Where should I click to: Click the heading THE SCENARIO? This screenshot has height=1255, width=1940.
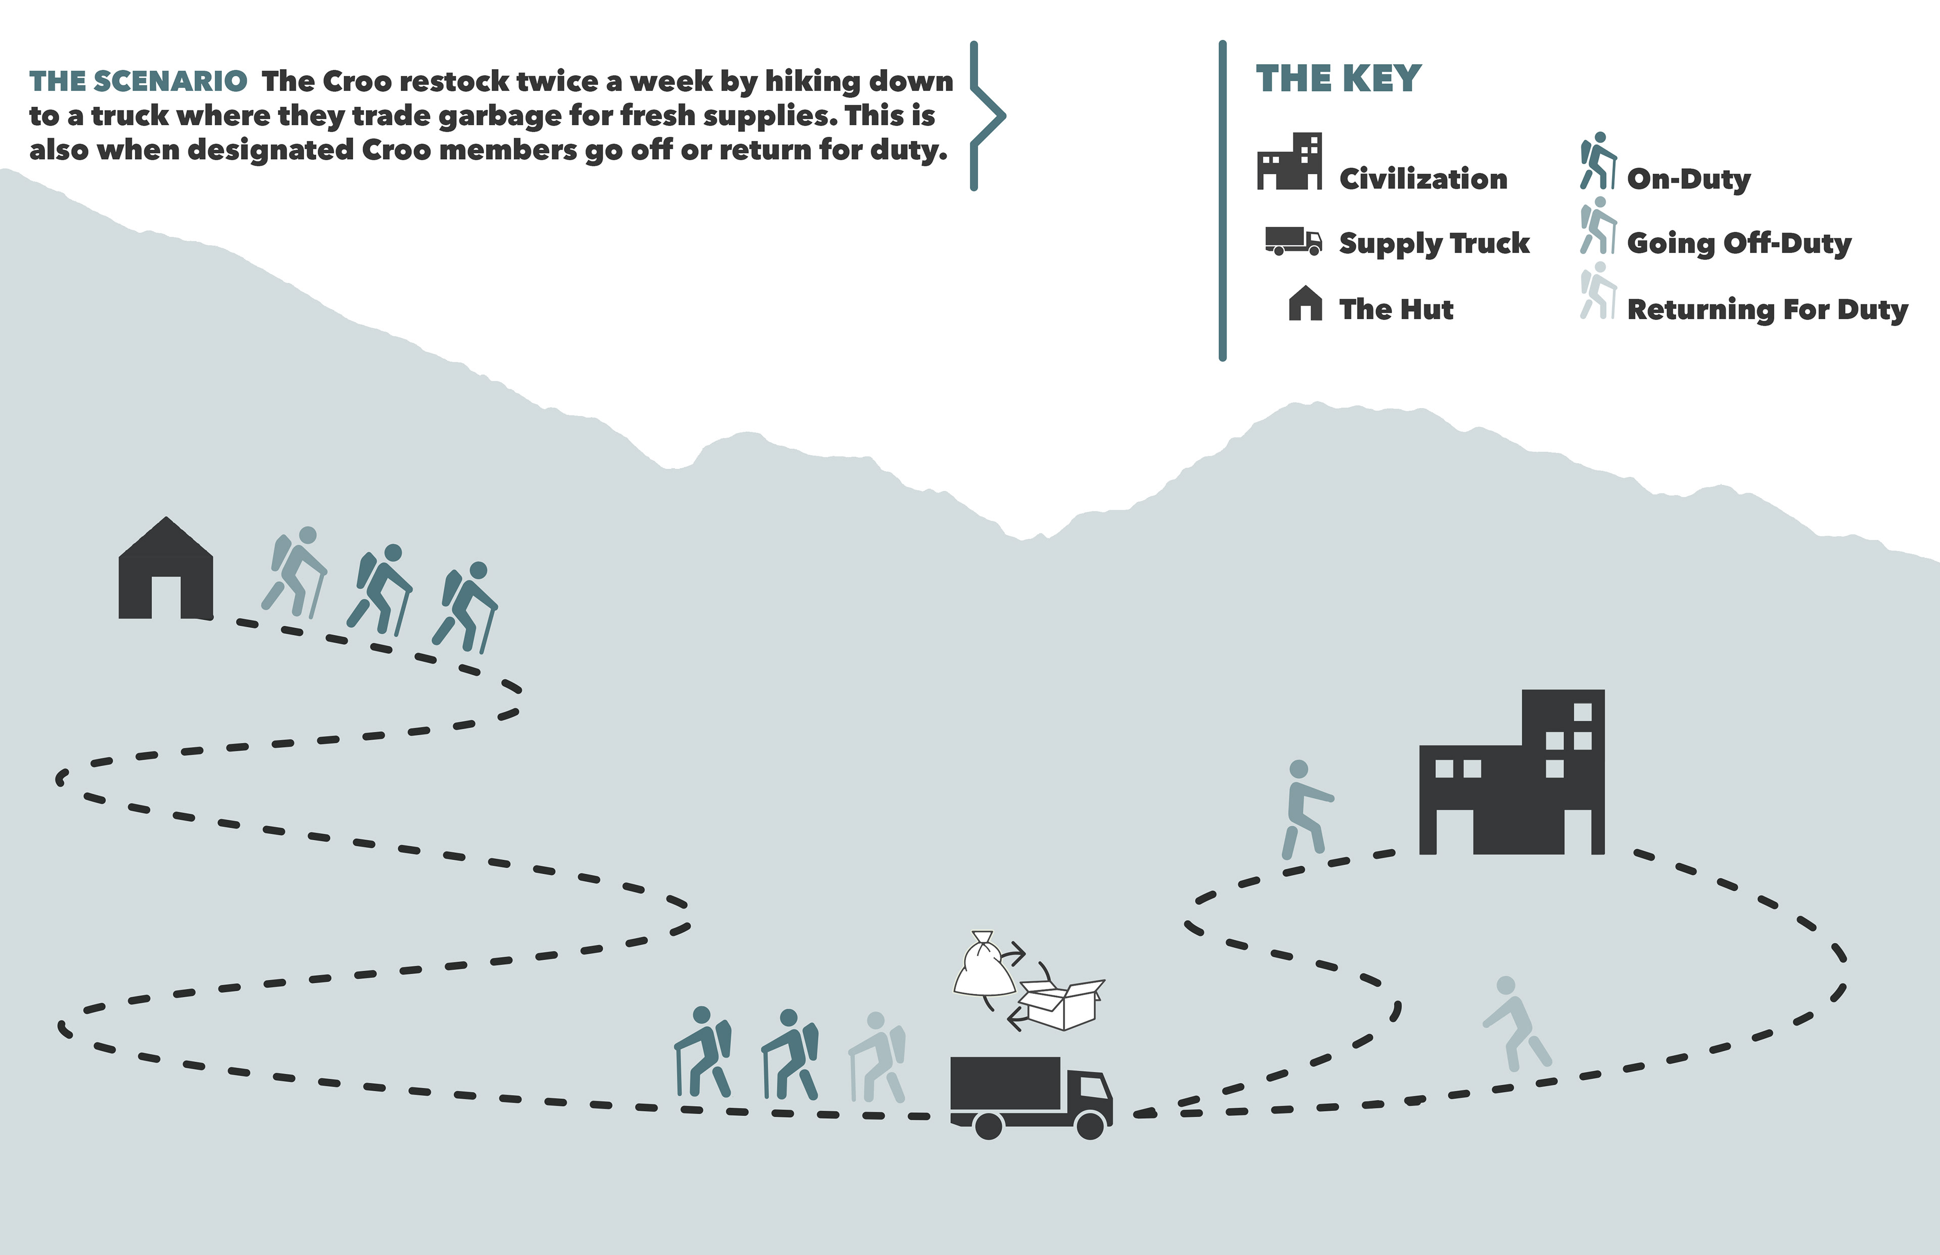pos(138,81)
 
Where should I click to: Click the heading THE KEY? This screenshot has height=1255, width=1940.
pos(1338,79)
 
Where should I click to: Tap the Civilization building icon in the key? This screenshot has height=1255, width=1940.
pos(1289,162)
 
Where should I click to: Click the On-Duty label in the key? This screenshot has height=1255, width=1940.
pos(1688,178)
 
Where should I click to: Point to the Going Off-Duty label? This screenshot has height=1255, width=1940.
pos(1738,243)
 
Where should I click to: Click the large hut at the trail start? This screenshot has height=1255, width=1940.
pos(166,571)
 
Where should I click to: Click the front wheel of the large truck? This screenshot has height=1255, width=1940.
pos(1090,1125)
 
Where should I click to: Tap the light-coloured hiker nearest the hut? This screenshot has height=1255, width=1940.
pos(295,571)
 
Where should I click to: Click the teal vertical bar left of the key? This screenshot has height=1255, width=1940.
pos(1222,199)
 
